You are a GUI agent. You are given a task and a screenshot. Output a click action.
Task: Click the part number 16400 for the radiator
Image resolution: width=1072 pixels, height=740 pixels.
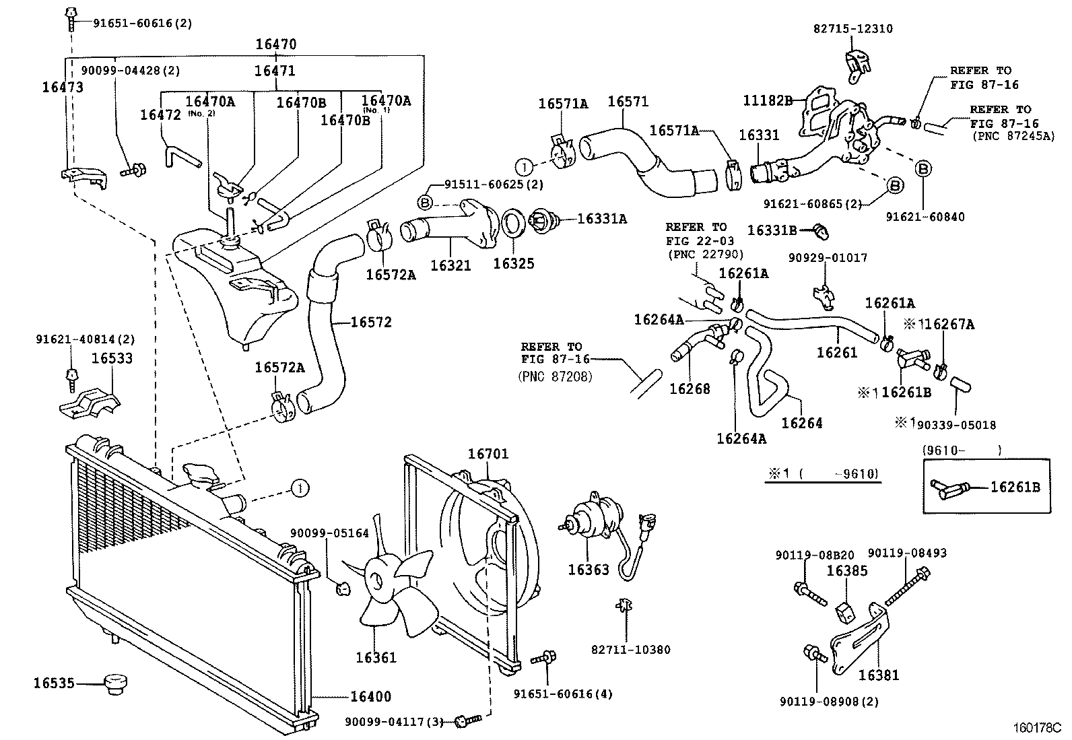click(370, 697)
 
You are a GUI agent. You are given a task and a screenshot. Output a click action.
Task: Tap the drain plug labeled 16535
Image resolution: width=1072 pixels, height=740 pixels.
click(115, 685)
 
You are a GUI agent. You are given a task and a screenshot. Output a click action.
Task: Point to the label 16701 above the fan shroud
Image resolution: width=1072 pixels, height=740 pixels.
click(488, 454)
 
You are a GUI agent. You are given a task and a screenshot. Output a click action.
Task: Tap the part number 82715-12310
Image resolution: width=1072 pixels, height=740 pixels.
click(853, 28)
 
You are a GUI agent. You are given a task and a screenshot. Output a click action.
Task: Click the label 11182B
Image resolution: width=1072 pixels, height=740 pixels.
click(768, 100)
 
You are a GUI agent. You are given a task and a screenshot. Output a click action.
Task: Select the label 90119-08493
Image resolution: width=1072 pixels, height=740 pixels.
click(907, 553)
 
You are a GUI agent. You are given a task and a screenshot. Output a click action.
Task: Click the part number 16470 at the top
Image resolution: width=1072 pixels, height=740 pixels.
click(275, 44)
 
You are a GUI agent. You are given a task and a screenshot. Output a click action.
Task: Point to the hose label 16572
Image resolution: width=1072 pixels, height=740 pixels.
click(371, 322)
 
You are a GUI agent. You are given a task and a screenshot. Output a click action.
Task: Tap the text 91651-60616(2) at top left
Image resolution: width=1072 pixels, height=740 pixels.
click(133, 23)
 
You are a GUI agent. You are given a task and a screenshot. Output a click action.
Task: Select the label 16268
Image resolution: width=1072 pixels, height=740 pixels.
click(689, 389)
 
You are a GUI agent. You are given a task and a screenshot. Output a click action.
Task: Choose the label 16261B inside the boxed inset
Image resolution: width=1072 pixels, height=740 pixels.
click(1015, 487)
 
